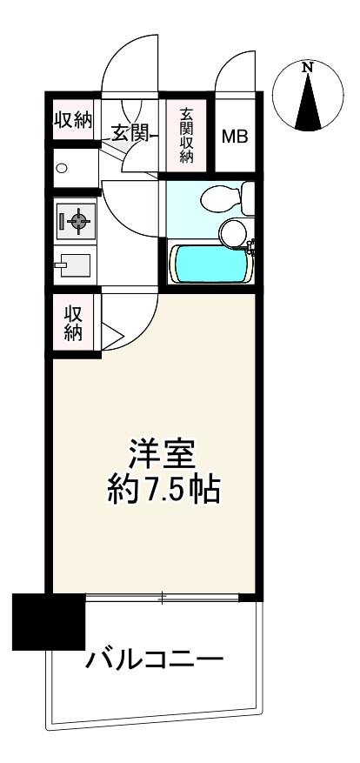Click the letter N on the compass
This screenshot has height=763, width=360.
(x=307, y=68)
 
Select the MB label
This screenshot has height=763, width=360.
(x=235, y=137)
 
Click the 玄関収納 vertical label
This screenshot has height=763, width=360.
(x=186, y=136)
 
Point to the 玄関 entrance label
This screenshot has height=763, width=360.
(x=130, y=133)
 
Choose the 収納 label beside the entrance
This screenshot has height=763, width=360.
(x=73, y=120)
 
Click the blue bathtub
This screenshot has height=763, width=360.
(x=211, y=264)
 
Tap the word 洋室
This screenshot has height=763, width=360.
(x=162, y=454)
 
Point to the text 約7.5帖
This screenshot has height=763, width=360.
(x=163, y=489)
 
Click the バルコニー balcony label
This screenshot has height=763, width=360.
(x=155, y=660)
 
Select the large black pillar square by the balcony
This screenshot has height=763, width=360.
(x=49, y=622)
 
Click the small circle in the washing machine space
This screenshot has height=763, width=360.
(x=62, y=168)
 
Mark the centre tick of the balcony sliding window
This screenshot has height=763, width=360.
(x=163, y=598)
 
